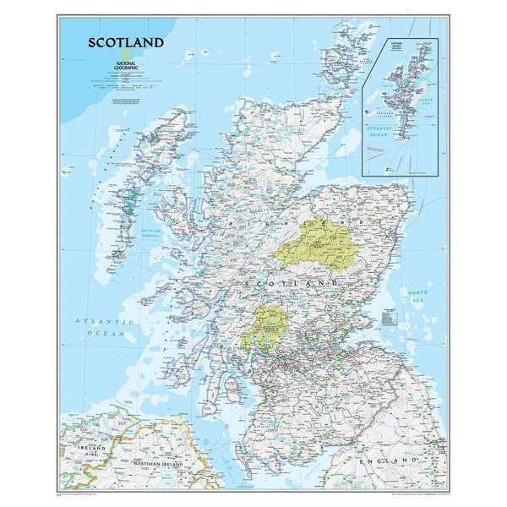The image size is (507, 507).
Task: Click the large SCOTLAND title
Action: point(127,42)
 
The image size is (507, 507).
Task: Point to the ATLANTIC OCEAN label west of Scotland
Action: point(103,328)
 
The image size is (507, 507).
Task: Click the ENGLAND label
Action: point(388,461)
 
